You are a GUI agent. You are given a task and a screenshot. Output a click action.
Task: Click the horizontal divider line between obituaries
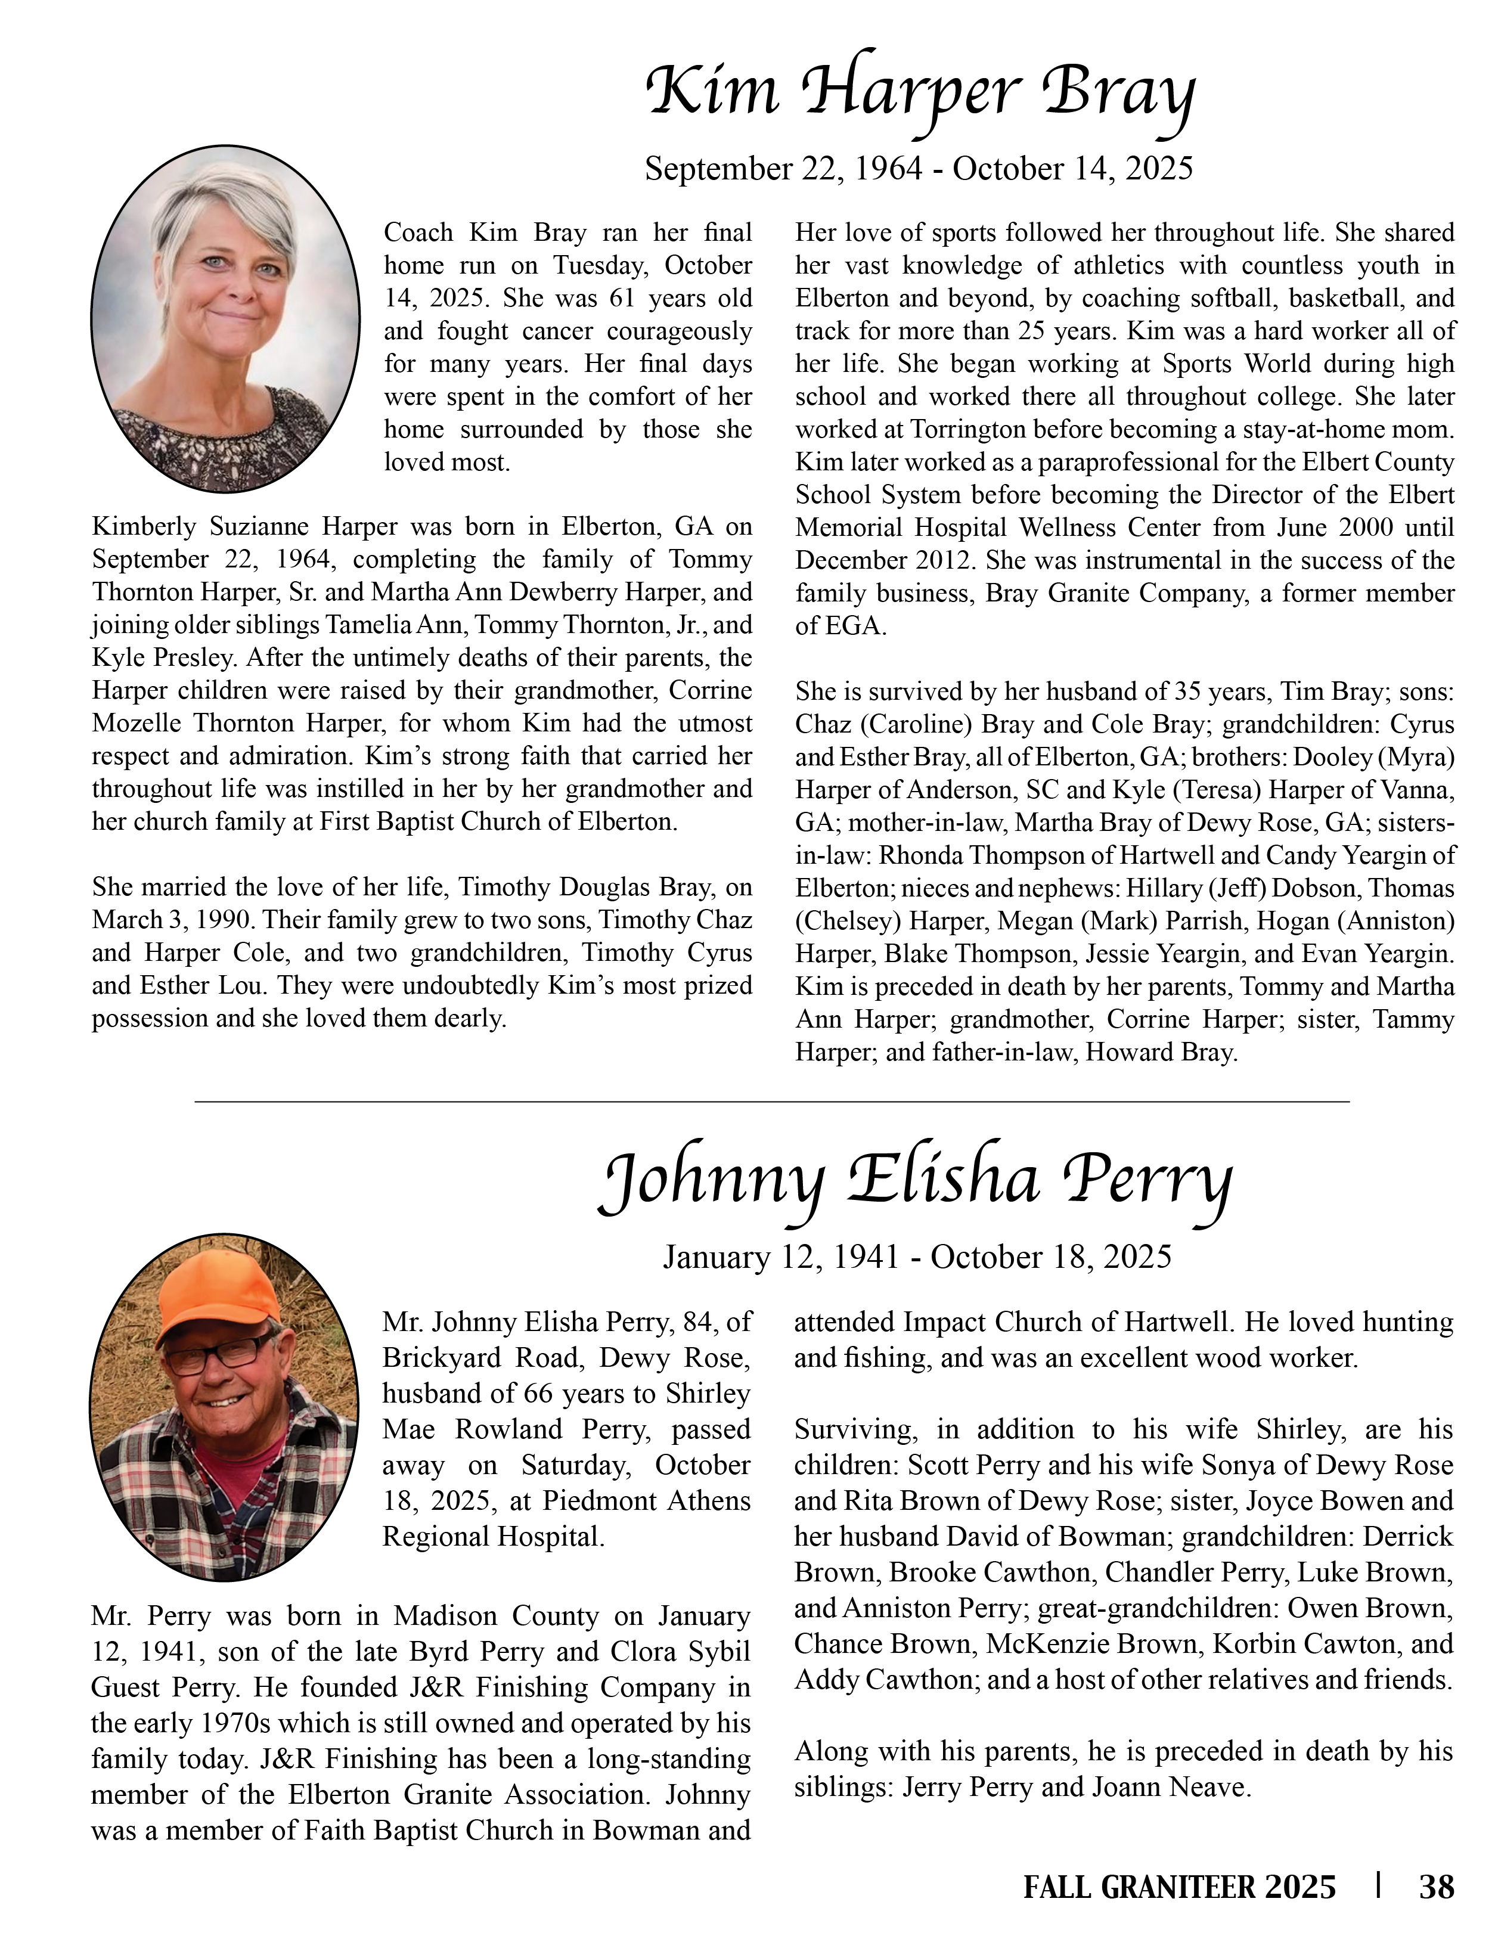click(x=771, y=1103)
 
